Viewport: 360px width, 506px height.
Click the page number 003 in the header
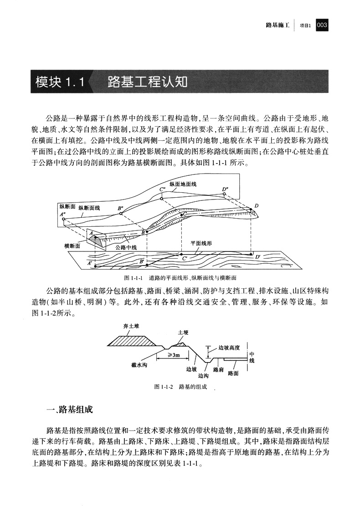pyautogui.click(x=322, y=26)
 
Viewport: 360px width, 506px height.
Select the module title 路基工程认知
pyautogui.click(x=147, y=82)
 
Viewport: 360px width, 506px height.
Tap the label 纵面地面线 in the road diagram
pyautogui.click(x=182, y=184)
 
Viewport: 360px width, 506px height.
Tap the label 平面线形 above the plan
pyautogui.click(x=201, y=243)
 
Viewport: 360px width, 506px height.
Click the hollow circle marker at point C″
pyautogui.click(x=162, y=198)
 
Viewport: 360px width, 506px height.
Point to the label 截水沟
pyautogui.click(x=139, y=364)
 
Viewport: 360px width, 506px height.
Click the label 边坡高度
pyautogui.click(x=229, y=348)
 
